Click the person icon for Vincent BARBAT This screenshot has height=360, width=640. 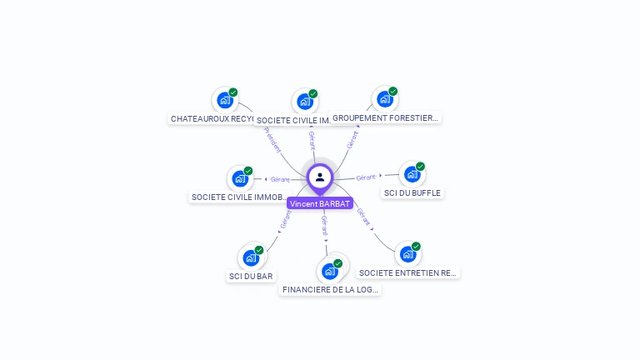point(320,177)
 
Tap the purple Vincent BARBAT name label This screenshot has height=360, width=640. point(320,203)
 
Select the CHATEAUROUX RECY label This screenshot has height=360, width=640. point(212,119)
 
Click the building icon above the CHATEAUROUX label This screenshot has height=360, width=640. point(224,100)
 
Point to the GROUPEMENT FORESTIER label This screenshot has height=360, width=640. point(385,118)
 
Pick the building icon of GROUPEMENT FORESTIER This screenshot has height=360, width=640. point(384,99)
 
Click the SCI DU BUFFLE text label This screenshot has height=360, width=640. point(412,192)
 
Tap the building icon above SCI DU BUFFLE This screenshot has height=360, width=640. point(412,174)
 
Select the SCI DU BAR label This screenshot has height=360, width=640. point(251,276)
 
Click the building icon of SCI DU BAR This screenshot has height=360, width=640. point(250,257)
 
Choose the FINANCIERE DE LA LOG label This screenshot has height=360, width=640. point(331,290)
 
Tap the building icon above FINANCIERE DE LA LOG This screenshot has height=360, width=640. point(330,271)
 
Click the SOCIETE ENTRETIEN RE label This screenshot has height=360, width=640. point(407,272)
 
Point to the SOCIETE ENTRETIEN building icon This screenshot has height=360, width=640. point(407,253)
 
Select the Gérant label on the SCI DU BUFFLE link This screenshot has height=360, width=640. point(367,177)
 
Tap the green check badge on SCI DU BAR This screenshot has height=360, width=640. point(259,250)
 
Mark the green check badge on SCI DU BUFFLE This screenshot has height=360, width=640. point(421,167)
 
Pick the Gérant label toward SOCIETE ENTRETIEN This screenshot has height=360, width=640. point(363,217)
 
